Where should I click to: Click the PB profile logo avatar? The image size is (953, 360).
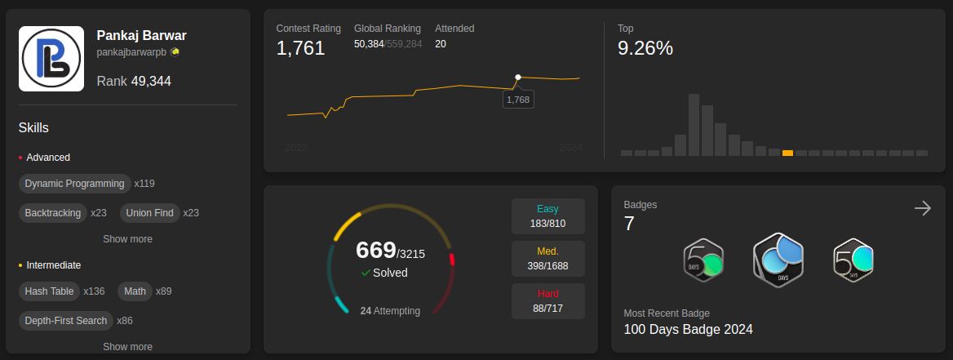[51, 59]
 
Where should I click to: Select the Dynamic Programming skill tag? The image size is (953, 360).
[74, 184]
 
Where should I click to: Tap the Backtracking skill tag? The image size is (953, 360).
[53, 213]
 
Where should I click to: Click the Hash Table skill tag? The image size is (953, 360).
[49, 291]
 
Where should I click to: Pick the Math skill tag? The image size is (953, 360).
[135, 291]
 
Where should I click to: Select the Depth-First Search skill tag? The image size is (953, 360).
[65, 321]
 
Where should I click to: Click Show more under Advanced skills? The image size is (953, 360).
[127, 239]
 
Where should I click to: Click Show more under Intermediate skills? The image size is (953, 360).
[127, 347]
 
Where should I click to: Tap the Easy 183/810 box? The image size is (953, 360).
[547, 216]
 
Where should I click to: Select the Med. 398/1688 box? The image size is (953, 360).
[547, 259]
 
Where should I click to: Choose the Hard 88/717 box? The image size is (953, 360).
[547, 301]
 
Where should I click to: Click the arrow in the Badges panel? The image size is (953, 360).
[923, 208]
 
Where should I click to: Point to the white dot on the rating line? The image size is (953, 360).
[518, 78]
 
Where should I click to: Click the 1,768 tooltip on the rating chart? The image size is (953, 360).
[518, 100]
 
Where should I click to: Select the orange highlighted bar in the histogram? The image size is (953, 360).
[787, 153]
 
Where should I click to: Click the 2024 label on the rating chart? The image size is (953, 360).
[570, 148]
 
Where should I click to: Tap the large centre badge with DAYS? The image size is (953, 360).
[778, 260]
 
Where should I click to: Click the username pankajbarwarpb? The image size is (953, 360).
[131, 52]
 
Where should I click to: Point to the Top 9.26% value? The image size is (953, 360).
[645, 48]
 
